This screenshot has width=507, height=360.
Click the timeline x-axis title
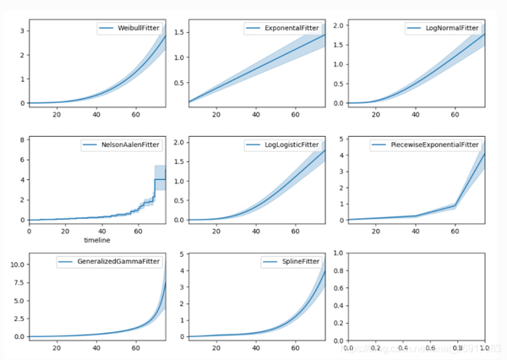point(97,240)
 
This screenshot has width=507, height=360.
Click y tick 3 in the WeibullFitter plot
point(22,31)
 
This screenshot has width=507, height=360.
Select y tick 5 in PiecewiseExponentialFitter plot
point(338,139)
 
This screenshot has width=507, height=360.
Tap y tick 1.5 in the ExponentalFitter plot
point(179,35)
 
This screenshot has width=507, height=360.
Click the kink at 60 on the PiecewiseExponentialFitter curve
point(455,205)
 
